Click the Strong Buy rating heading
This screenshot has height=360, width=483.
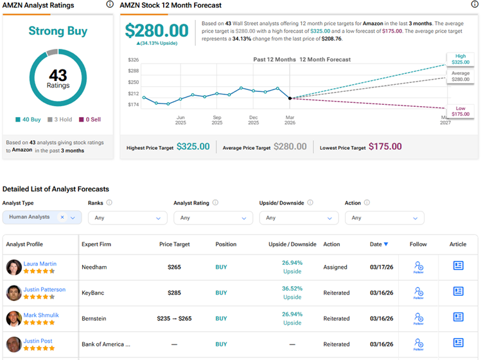58,31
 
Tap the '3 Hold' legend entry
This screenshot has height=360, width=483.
60,120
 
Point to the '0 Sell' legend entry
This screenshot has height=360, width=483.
89,120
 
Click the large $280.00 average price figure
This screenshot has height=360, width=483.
156,30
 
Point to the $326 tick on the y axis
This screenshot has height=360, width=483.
133,60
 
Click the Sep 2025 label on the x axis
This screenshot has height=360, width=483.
217,120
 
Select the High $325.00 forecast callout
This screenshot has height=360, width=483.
460,60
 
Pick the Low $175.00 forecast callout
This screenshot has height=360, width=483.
460,111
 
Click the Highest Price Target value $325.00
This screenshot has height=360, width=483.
193,147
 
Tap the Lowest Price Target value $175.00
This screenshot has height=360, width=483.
385,147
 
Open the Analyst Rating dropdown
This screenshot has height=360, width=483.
212,218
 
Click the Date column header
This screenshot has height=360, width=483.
378,244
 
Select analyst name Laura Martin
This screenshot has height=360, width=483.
40,263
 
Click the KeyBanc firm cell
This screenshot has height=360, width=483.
93,292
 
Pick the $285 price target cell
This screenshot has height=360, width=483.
175,292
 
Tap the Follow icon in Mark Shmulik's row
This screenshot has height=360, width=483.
419,318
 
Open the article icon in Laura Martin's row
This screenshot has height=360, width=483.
458,265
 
